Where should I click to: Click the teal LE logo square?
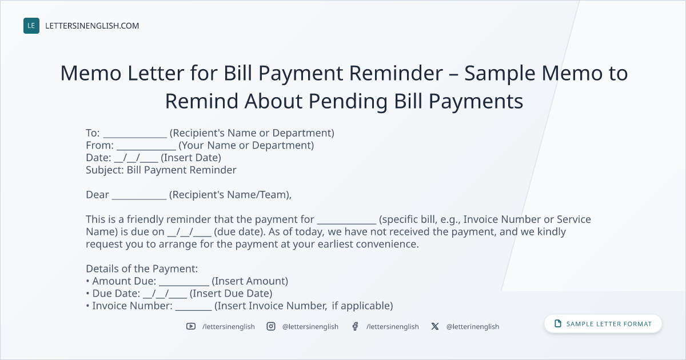31,26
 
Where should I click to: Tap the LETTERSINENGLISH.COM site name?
92,26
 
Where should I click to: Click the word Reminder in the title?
396,73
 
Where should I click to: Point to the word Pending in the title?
348,101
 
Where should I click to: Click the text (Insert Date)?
191,158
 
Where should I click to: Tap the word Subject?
105,170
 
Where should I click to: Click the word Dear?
97,195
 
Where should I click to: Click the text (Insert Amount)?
250,281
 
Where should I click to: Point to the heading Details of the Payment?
142,269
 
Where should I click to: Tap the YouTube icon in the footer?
191,326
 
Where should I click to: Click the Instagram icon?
271,326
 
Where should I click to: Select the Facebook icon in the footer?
355,326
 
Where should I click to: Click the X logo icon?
435,326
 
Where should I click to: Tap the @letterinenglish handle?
473,327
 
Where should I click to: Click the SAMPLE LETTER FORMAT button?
603,324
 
